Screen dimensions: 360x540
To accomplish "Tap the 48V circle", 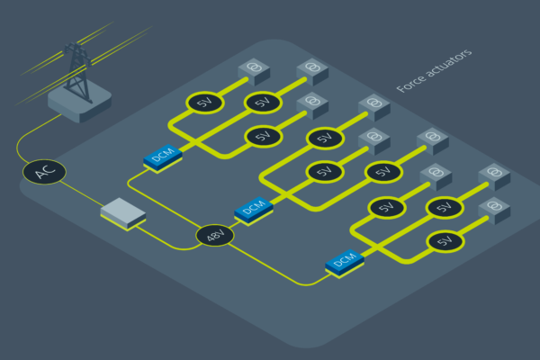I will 215,236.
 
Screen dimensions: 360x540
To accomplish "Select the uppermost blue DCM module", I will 163,157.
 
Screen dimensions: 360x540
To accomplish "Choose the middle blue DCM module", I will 253,210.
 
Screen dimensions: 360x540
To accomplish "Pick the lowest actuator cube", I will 493,209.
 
